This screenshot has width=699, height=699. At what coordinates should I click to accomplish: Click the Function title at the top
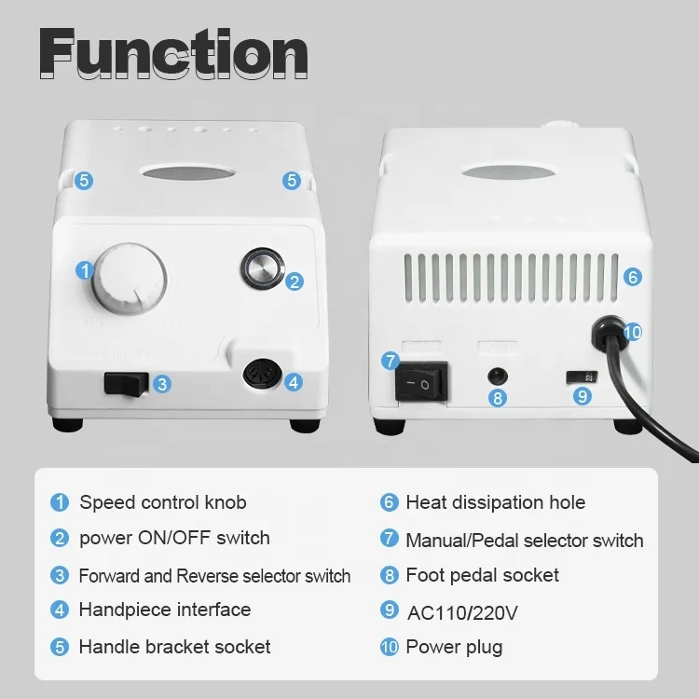click(174, 53)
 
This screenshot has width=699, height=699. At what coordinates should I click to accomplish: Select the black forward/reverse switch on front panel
click(127, 382)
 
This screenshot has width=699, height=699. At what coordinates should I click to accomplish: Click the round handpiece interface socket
click(260, 377)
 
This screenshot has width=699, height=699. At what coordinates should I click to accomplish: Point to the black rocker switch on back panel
click(423, 383)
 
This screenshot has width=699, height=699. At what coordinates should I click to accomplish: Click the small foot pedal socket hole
click(500, 376)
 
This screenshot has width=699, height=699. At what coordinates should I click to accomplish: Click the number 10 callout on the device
click(633, 332)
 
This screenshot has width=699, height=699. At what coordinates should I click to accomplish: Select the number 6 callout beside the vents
click(633, 277)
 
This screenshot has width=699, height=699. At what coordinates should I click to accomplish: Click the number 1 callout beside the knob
click(85, 271)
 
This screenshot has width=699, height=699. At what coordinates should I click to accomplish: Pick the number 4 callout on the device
click(294, 381)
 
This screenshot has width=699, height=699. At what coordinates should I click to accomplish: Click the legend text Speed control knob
click(162, 502)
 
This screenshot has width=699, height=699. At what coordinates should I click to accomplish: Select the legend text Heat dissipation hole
click(495, 502)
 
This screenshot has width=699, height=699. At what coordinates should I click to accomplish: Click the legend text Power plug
click(453, 647)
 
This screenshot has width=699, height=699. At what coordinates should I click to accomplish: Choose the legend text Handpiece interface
click(164, 610)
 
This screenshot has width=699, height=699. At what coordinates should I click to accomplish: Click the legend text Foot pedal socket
click(482, 574)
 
